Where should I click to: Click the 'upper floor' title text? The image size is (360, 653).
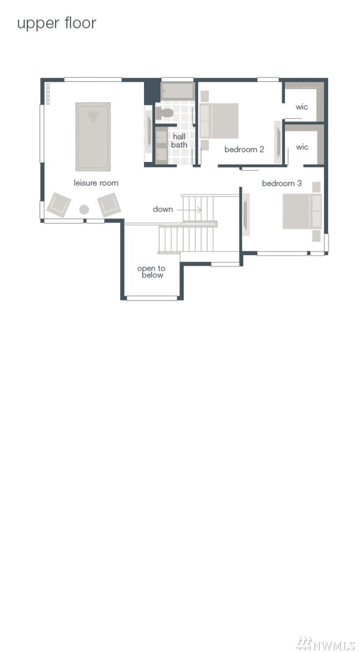pos(56,24)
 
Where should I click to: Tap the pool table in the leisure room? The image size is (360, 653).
pos(93,137)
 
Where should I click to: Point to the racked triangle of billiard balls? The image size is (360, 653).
pos(93,116)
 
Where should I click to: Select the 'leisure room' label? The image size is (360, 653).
pos(96,183)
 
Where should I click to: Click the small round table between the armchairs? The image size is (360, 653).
pos(84,210)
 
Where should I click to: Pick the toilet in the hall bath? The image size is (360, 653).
pos(165,113)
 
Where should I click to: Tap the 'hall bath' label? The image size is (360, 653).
pos(179,141)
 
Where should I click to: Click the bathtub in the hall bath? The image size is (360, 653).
pos(178,91)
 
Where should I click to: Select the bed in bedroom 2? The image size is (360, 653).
pos(219,121)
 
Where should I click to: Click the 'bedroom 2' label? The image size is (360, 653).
pos(245,149)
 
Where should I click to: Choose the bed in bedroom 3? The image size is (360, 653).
pos(302,211)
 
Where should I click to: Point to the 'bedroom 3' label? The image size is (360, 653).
pos(282,183)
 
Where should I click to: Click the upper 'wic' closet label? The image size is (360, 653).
pos(302,107)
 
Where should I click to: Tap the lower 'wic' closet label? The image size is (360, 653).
pos(302,147)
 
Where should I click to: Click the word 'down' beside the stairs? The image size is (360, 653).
pos(162,209)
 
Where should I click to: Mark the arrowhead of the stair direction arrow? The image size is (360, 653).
pos(200,210)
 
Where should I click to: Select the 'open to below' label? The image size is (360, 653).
pos(151,272)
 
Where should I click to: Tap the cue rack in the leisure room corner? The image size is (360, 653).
pos(48,94)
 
